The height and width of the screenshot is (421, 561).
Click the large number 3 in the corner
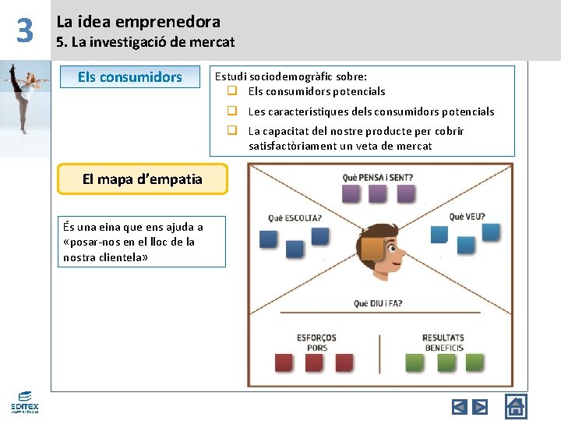[25, 31]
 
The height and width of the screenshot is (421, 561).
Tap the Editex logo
[24, 402]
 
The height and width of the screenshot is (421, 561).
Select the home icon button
[516, 405]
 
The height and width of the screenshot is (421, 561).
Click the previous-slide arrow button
[460, 406]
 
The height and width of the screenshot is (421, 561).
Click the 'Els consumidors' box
[129, 77]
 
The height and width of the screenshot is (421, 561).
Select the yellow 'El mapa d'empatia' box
[143, 179]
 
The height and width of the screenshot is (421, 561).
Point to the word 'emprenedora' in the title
[179, 22]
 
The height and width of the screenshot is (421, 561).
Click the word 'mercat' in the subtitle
[213, 42]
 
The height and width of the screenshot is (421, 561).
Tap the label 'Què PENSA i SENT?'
[378, 178]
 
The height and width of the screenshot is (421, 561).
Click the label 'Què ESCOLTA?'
[295, 218]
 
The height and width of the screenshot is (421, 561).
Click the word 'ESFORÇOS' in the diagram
[316, 338]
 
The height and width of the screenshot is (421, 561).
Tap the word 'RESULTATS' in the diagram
[443, 338]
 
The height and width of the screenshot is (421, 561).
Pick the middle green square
[446, 363]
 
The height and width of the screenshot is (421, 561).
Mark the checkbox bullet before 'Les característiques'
[232, 111]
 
